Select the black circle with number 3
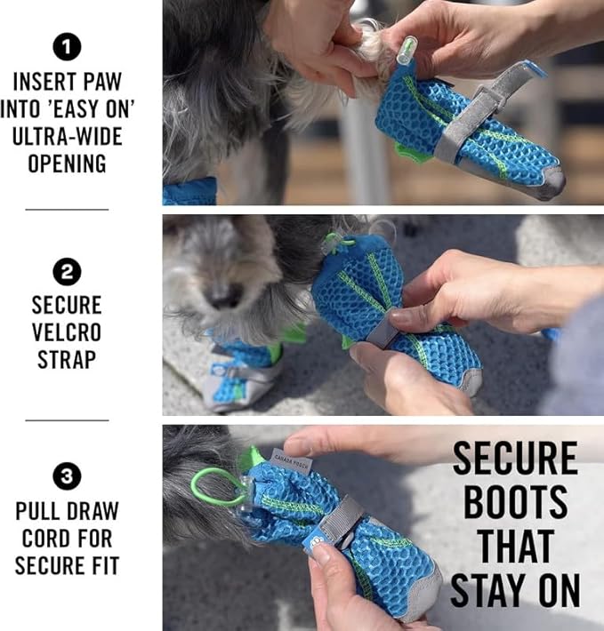coord(67,478)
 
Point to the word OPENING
coord(67,164)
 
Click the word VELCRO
coord(67,331)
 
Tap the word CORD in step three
coord(67,539)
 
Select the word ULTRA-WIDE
coord(67,137)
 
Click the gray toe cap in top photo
coord(549,182)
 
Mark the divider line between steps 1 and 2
coord(67,210)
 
